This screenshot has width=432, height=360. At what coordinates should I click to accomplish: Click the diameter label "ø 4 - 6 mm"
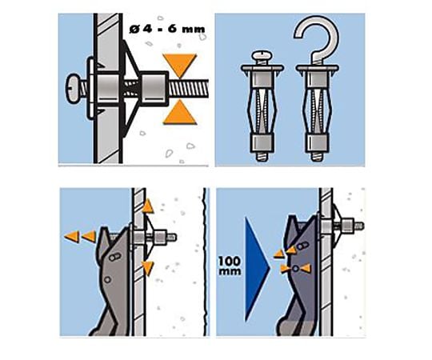[167, 29]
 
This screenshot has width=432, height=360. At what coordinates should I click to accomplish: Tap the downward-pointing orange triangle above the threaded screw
[180, 65]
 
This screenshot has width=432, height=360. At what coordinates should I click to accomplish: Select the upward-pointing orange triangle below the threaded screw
[180, 112]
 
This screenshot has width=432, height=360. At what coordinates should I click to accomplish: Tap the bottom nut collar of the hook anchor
[316, 143]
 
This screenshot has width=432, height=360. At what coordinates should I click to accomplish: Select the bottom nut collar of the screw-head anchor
[262, 143]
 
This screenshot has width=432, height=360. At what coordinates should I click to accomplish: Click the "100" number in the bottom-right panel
[230, 261]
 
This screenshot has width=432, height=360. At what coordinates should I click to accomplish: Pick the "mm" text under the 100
[230, 271]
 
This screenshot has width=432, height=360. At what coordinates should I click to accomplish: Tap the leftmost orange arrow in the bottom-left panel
[72, 237]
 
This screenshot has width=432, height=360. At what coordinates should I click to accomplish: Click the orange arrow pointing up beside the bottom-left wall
[148, 206]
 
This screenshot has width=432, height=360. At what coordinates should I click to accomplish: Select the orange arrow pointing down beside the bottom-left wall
[148, 268]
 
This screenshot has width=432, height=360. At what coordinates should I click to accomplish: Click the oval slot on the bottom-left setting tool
[114, 258]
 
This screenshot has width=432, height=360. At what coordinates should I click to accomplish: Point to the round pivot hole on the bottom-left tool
[107, 279]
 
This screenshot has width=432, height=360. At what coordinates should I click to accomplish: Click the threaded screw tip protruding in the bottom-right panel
[359, 226]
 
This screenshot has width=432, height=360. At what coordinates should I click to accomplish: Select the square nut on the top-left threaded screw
[154, 89]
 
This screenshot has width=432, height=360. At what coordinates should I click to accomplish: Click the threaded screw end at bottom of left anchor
[262, 157]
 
